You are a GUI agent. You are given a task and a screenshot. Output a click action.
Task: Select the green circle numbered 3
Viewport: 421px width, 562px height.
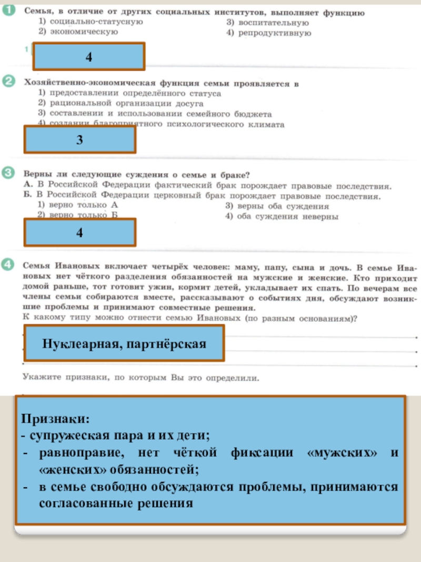9,173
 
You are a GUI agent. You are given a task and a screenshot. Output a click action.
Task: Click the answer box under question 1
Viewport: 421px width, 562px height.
89,56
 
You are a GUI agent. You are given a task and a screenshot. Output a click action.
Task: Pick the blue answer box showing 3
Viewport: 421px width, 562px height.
79,140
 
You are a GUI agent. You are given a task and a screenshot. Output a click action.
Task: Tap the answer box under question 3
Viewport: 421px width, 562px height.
79,232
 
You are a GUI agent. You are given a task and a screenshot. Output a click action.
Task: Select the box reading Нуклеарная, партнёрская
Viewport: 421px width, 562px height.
124,343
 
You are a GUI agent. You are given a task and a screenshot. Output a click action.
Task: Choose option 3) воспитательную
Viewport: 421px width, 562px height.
267,23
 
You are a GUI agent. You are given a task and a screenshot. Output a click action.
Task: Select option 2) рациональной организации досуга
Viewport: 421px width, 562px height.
121,103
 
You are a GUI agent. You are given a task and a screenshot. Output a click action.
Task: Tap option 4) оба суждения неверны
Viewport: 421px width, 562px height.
282,216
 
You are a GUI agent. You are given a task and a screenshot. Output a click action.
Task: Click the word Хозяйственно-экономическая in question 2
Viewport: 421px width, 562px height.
85,83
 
